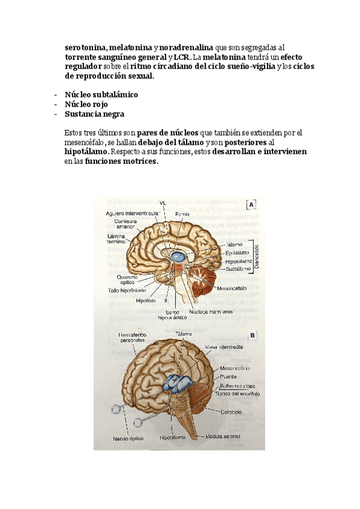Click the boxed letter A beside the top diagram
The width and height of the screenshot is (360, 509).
coord(252,204)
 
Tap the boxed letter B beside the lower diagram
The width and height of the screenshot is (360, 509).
coord(252,336)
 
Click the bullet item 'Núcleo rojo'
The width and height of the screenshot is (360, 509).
coord(86,105)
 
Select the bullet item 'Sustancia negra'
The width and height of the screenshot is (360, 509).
coord(95,115)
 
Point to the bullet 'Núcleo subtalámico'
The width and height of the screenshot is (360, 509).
coord(101,95)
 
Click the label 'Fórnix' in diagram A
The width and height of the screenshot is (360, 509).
coord(182,214)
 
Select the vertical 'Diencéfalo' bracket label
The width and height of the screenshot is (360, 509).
coord(256,258)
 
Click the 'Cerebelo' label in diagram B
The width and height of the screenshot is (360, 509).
coord(230,412)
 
